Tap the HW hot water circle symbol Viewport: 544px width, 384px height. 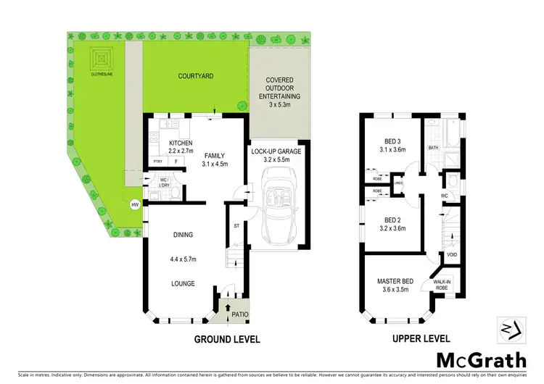click(x=134, y=205)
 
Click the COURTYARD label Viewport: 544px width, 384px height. click(x=195, y=75)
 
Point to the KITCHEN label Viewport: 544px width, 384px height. click(x=180, y=143)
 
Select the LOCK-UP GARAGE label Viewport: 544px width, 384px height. click(x=280, y=151)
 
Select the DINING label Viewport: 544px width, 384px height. click(x=184, y=234)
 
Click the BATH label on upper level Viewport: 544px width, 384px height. click(x=434, y=148)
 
